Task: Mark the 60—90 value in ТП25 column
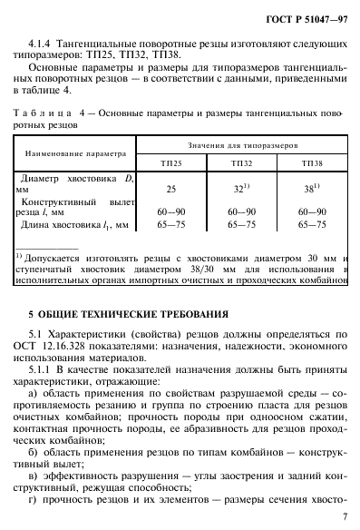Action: pos(170,210)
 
